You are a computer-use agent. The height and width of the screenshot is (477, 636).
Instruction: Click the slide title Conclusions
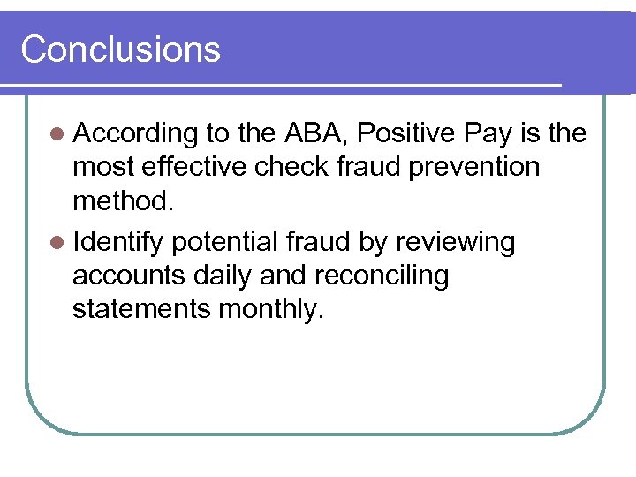(x=120, y=49)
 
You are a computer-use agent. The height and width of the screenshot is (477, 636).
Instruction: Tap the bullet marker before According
(x=57, y=134)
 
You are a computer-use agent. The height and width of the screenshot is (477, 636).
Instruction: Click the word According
(x=135, y=134)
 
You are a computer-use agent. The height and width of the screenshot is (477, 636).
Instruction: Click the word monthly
(x=276, y=310)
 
